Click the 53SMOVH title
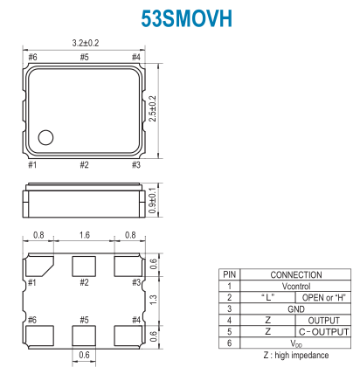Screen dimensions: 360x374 pyautogui.click(x=186, y=18)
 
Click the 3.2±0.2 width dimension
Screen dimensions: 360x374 pyautogui.click(x=86, y=43)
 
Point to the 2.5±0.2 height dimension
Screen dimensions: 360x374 pyautogui.click(x=153, y=108)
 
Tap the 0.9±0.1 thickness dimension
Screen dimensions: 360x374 pyautogui.click(x=153, y=200)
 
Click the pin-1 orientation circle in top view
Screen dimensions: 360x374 pyautogui.click(x=45, y=137)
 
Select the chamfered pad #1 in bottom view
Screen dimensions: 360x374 pyautogui.click(x=38, y=267)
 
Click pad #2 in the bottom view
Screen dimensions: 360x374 pyautogui.click(x=84, y=267)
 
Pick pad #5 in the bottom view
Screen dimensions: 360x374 pyautogui.click(x=84, y=336)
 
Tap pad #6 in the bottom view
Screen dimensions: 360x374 pyautogui.click(x=39, y=336)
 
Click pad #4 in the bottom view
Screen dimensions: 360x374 pyautogui.click(x=128, y=336)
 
